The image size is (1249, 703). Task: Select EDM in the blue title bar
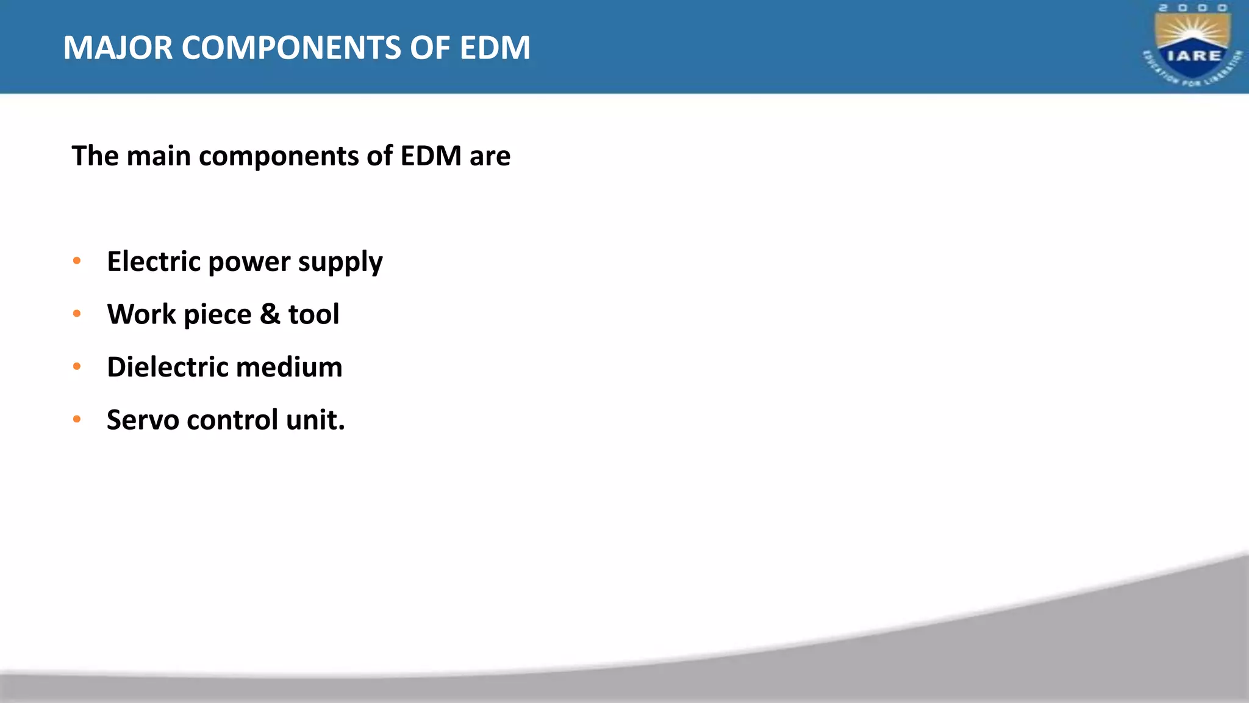click(495, 48)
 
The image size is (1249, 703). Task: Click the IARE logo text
click(1194, 56)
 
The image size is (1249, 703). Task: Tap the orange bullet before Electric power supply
click(77, 261)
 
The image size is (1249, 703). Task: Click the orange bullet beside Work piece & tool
click(77, 314)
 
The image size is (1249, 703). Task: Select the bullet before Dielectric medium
click(77, 367)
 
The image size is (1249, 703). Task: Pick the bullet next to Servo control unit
click(77, 420)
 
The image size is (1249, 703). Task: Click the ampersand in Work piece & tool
click(270, 314)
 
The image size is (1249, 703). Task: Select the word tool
click(313, 314)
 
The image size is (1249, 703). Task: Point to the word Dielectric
click(167, 367)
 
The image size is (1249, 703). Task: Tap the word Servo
click(142, 420)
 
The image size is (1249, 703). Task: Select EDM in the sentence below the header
click(431, 156)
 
